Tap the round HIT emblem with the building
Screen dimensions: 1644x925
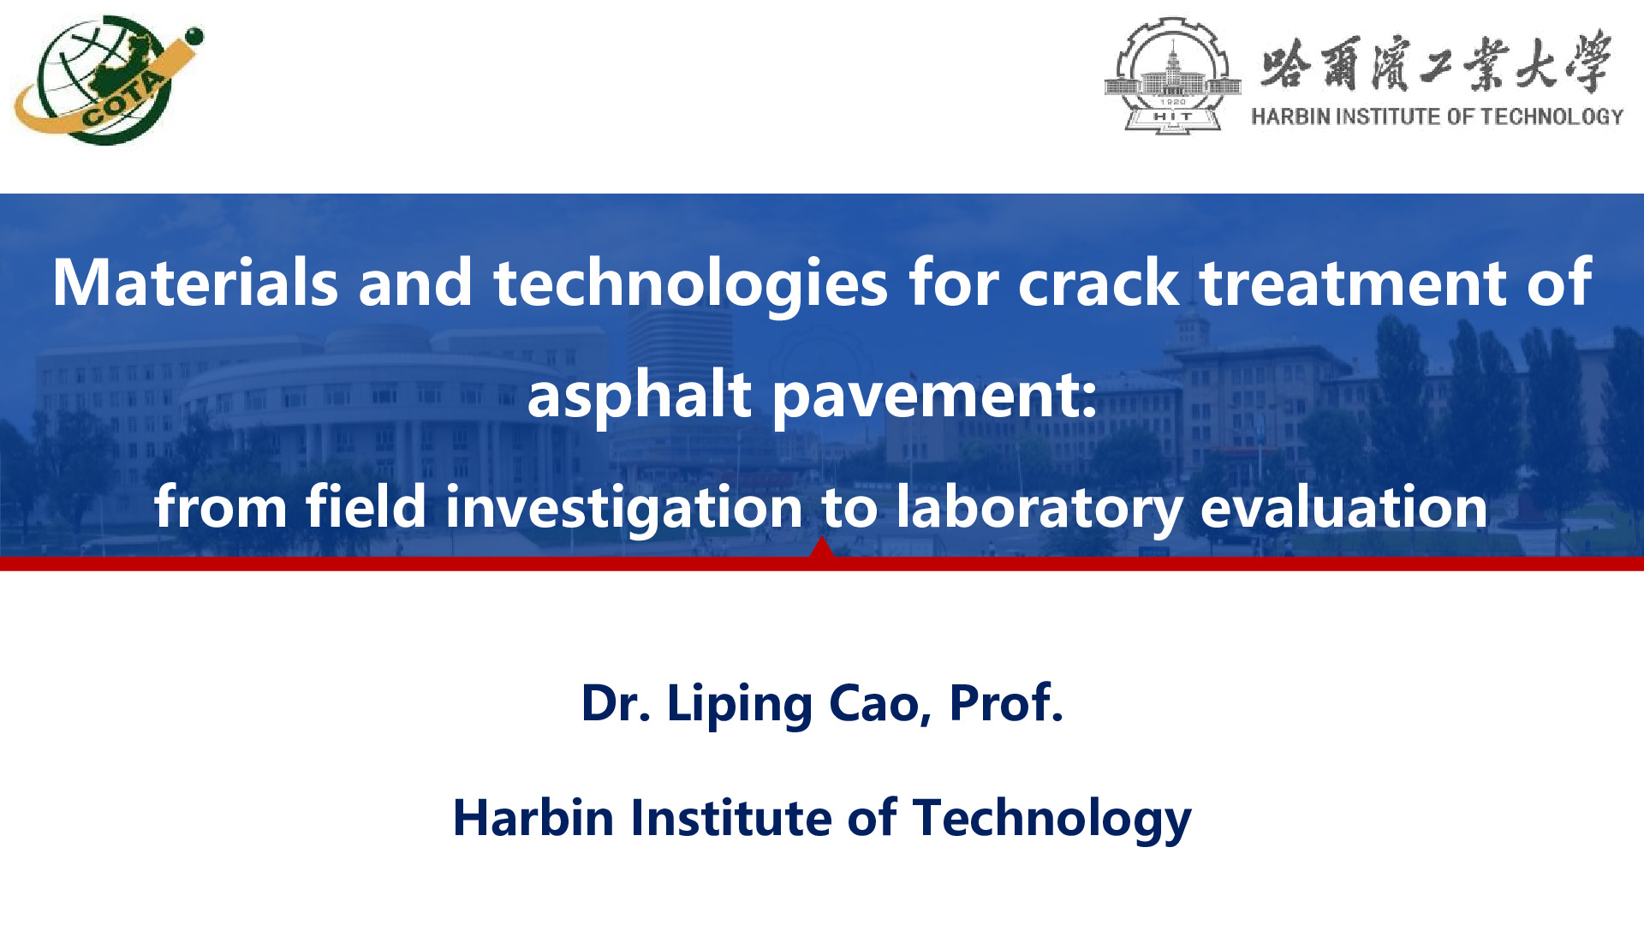1172,75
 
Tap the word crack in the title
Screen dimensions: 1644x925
1099,283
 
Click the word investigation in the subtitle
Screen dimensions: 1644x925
624,507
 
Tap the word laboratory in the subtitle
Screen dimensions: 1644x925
1039,507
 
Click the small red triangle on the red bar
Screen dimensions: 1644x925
821,548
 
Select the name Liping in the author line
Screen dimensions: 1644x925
739,704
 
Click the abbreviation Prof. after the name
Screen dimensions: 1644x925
1006,704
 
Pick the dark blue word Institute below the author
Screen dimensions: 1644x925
730,817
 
